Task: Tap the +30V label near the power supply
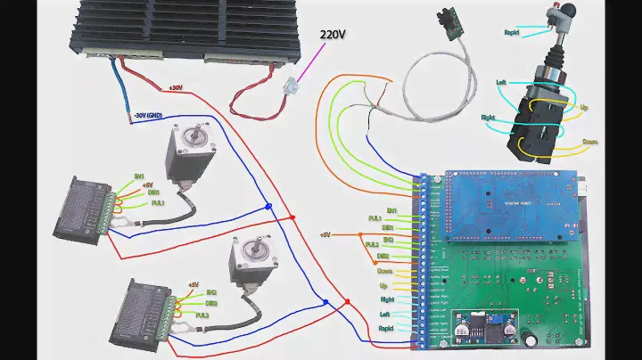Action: pyautogui.click(x=175, y=87)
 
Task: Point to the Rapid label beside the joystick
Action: pyautogui.click(x=511, y=33)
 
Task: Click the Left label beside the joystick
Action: pyautogui.click(x=502, y=83)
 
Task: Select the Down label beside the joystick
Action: pyautogui.click(x=589, y=142)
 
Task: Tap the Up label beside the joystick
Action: pyautogui.click(x=584, y=108)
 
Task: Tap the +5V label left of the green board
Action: pyautogui.click(x=325, y=234)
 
